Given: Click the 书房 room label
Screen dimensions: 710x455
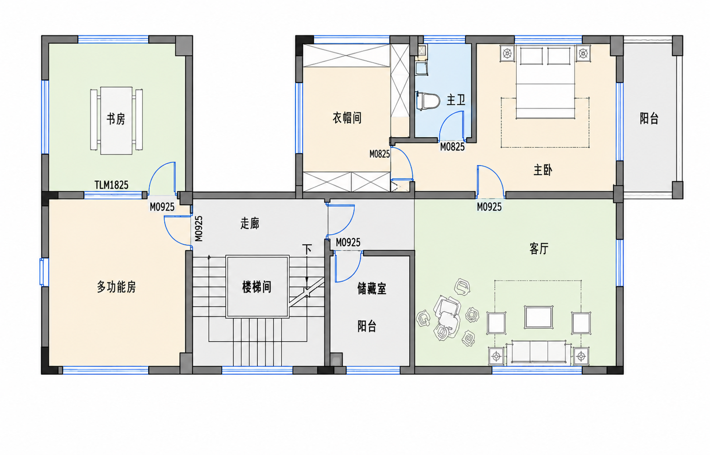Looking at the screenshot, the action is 116,119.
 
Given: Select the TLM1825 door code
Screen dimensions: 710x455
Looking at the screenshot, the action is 111,185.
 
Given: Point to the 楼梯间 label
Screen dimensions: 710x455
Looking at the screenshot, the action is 256,287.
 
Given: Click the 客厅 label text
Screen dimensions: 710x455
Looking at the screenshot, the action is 539,249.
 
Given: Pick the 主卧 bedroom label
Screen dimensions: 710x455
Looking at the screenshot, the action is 543,170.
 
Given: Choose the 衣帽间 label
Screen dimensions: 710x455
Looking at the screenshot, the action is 347,118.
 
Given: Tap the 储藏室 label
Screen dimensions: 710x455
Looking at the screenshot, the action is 372,289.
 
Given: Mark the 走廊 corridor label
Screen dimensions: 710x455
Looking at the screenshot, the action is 250,223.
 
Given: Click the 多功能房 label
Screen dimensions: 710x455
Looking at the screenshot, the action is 116,287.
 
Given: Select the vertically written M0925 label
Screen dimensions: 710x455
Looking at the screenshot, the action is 198,228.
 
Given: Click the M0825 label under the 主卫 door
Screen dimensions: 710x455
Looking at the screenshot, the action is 452,147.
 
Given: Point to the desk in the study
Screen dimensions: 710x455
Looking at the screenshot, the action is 116,121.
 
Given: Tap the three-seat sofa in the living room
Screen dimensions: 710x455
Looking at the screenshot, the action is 538,352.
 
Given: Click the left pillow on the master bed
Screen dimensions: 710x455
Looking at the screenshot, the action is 531,56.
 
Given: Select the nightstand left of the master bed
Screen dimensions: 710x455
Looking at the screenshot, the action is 507,53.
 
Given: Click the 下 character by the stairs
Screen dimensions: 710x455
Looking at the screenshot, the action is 306,249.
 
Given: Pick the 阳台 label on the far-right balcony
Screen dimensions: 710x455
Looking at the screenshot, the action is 649,119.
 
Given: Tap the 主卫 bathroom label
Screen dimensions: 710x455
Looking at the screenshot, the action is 456,100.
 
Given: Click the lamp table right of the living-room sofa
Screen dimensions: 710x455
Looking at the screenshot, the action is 581,356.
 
